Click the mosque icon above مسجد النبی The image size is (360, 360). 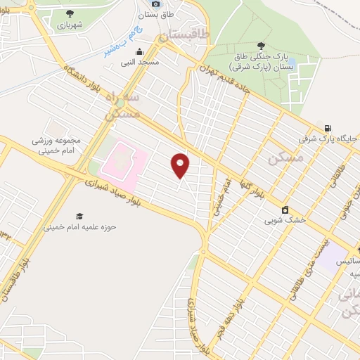(139, 51)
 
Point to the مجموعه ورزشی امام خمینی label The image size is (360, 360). (56, 144)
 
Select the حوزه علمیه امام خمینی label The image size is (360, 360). (79, 228)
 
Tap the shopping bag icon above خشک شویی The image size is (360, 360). (285, 209)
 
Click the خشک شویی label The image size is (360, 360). (285, 220)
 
